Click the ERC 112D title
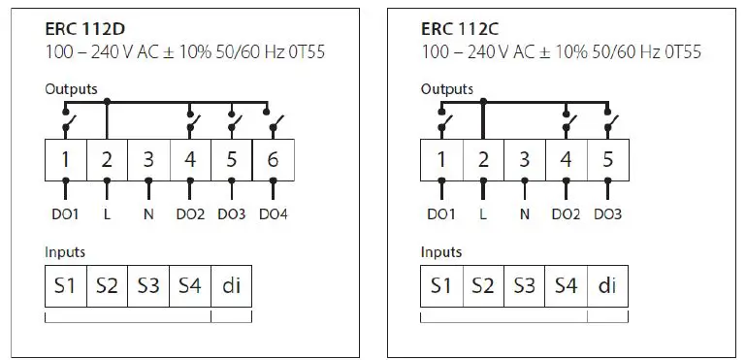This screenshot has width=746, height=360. pos(81,29)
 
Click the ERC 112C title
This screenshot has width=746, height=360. pos(457,29)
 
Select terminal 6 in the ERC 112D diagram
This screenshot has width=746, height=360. pos(273,159)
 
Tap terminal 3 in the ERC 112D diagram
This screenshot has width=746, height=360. pos(148,159)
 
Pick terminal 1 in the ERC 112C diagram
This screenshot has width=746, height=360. pos(440,159)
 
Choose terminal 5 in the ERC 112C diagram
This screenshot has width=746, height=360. pos(607,159)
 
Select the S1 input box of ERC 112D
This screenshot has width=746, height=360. pos(66,286)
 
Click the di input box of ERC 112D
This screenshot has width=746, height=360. pos(232,286)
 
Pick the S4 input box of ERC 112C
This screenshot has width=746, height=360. pos(566,286)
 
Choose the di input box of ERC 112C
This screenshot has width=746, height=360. pos(607,286)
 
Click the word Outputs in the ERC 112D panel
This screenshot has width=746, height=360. pos(71,88)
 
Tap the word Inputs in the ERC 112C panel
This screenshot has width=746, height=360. pos(440,252)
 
